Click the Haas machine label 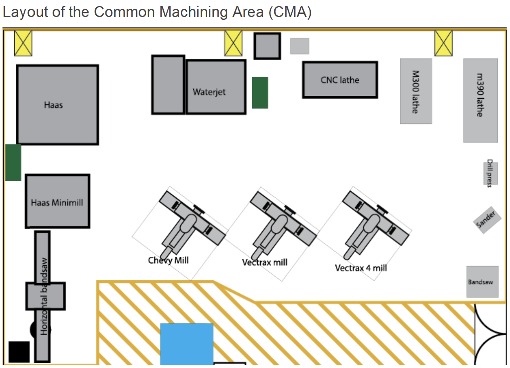click(x=53, y=105)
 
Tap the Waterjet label click(x=209, y=92)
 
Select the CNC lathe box click(x=340, y=80)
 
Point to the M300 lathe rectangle click(x=416, y=91)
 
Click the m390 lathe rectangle click(x=480, y=100)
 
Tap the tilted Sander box click(x=487, y=220)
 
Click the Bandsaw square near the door click(x=482, y=281)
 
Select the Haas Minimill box click(x=57, y=201)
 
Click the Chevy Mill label click(x=168, y=260)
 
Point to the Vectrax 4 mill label click(x=360, y=268)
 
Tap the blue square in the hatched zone click(x=187, y=344)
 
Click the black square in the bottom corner click(x=19, y=352)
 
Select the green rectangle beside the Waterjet click(x=260, y=93)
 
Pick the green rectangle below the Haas click(x=13, y=162)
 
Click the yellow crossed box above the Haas click(x=23, y=43)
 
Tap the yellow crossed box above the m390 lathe click(x=443, y=43)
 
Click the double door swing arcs click(x=489, y=334)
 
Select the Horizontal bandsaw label click(x=44, y=296)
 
